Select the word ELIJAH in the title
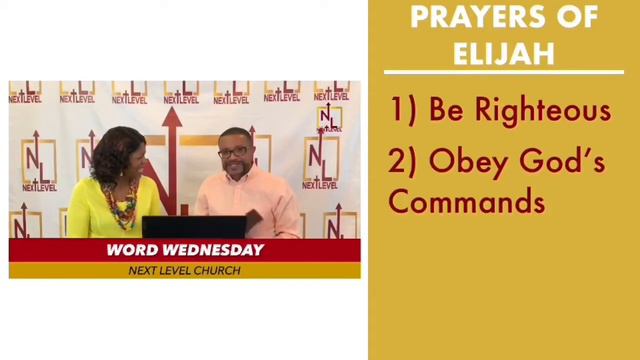[x=503, y=52]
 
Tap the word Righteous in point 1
[x=541, y=110]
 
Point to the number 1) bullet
[x=402, y=111]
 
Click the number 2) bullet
[x=403, y=161]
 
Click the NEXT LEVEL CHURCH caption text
[x=184, y=270]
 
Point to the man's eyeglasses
[x=234, y=152]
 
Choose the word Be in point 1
[x=446, y=110]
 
